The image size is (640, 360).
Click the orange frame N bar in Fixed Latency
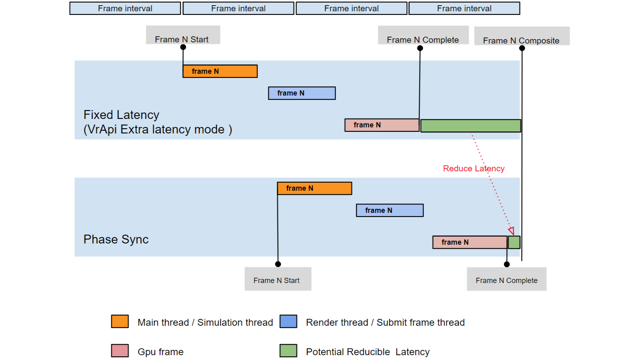click(220, 71)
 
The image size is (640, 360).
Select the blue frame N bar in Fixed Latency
click(302, 93)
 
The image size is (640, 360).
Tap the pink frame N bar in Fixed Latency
click(381, 125)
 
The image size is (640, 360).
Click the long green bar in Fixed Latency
click(470, 126)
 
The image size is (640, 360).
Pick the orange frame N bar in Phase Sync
click(314, 188)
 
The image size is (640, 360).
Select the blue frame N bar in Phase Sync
click(390, 210)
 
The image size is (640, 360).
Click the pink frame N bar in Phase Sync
click(469, 242)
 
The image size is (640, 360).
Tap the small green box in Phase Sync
click(514, 242)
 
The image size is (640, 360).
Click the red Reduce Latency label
click(473, 169)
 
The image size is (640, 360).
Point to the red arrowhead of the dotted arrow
click(511, 231)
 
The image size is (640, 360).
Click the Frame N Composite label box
click(521, 36)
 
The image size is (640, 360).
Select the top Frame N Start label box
click(183, 35)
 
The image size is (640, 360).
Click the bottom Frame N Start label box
click(277, 279)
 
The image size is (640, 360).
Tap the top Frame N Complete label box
click(423, 35)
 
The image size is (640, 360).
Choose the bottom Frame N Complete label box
click(507, 279)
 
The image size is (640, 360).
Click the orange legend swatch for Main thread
click(120, 321)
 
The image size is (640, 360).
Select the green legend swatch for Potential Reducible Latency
click(288, 351)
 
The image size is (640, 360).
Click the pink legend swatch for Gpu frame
click(120, 351)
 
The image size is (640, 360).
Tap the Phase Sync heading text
click(116, 239)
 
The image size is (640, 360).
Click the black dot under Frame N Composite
click(522, 48)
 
